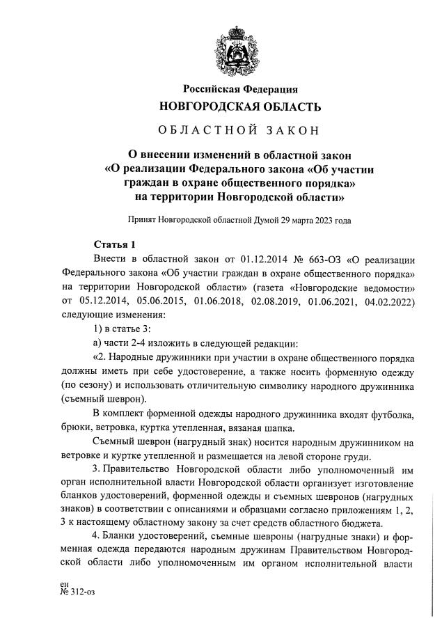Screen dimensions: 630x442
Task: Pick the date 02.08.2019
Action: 278,301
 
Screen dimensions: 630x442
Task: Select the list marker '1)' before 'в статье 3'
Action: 100,329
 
